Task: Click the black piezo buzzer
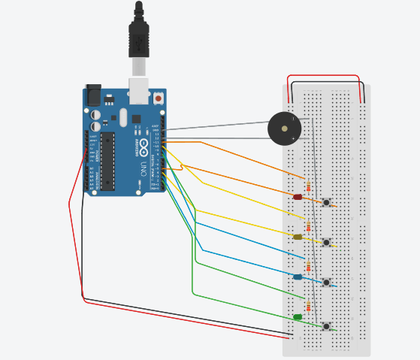(284, 129)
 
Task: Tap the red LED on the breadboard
(298, 197)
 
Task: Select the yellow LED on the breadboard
(298, 237)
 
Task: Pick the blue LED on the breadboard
(298, 277)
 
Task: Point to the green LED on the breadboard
(298, 316)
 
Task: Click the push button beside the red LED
(326, 202)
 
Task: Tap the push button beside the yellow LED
(326, 242)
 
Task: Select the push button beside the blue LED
(326, 282)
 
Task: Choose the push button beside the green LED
(326, 325)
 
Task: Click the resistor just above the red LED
(308, 186)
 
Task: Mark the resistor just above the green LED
(308, 305)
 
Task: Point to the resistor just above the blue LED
(308, 265)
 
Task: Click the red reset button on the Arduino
(158, 98)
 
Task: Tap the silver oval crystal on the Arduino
(123, 117)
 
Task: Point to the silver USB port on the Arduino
(139, 90)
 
